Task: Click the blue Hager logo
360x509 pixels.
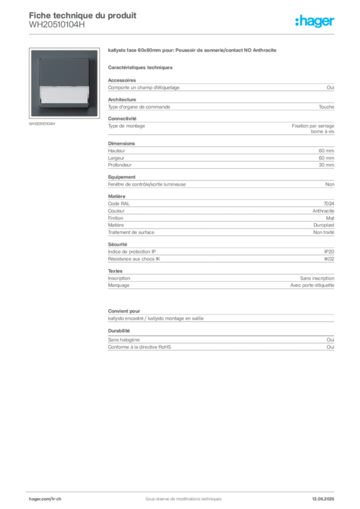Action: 315,21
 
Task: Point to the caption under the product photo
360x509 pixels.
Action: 42,125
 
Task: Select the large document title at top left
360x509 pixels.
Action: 83,14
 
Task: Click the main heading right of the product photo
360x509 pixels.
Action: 191,51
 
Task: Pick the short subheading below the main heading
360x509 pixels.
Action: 141,67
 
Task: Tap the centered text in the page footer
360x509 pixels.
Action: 180,497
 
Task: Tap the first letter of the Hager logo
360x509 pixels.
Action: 297,21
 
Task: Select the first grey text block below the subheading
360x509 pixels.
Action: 221,87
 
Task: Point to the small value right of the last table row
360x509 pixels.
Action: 332,339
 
